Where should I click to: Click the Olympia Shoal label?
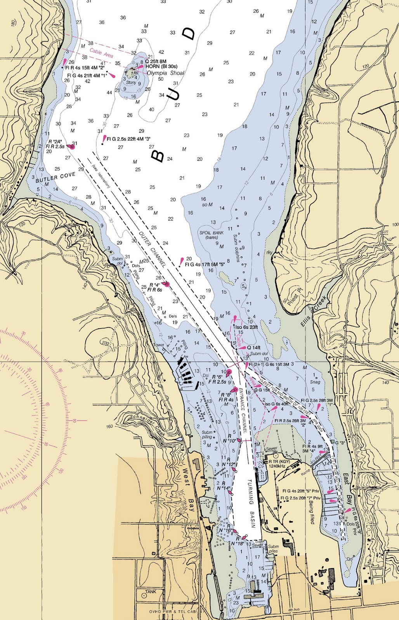(x=165, y=73)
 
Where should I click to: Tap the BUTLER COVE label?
(x=55, y=178)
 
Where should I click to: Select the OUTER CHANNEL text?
(x=153, y=250)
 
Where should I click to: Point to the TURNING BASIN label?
(x=252, y=503)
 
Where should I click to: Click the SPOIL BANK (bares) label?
(x=212, y=235)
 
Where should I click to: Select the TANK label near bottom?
(x=151, y=592)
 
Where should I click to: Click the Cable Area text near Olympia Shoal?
(x=101, y=53)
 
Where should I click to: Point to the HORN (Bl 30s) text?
(x=161, y=67)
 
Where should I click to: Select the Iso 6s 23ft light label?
(x=247, y=327)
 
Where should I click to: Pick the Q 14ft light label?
(x=254, y=348)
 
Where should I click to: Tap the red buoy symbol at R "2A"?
(x=71, y=146)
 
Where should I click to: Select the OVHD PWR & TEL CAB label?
(x=172, y=612)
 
